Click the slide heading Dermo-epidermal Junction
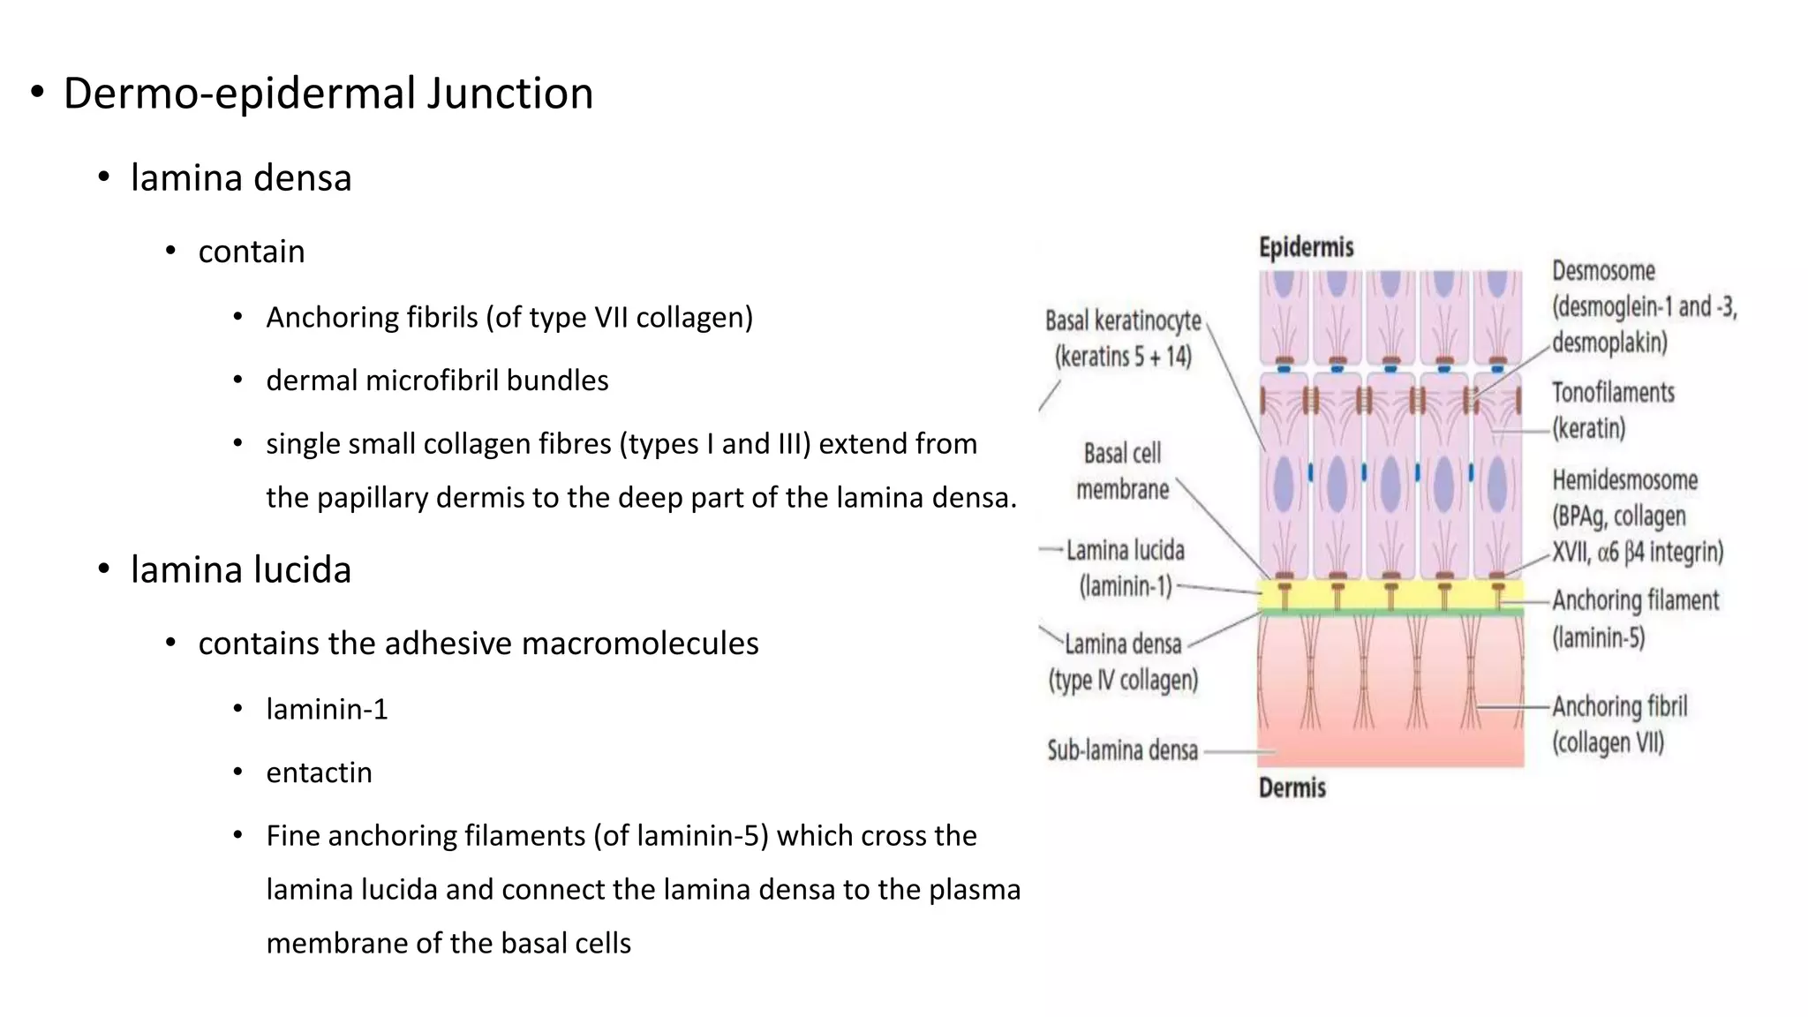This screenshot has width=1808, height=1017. click(x=328, y=94)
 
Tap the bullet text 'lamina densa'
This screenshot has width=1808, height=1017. click(x=241, y=178)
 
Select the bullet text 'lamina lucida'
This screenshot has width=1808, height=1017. click(x=241, y=570)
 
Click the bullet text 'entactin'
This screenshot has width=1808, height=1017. click(x=319, y=772)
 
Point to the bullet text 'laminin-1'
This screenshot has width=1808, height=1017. click(x=327, y=709)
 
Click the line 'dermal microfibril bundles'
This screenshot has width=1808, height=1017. click(x=437, y=380)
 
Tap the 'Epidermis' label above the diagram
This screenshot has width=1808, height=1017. click(x=1306, y=247)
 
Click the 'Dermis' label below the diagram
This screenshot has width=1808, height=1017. click(x=1292, y=787)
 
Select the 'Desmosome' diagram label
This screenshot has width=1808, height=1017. click(x=1603, y=271)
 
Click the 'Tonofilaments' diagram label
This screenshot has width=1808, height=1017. click(x=1613, y=393)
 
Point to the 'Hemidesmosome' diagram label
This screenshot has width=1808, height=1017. click(x=1624, y=480)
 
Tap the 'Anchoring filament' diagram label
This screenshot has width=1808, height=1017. click(x=1635, y=601)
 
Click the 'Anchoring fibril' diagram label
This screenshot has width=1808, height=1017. click(x=1619, y=706)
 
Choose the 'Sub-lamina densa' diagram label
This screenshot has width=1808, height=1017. click(x=1122, y=750)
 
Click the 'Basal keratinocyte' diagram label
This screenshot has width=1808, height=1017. click(x=1123, y=320)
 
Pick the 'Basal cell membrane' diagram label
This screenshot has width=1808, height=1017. click(x=1122, y=471)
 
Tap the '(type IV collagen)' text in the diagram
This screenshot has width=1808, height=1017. click(x=1123, y=681)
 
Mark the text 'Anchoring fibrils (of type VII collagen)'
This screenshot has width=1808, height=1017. click(x=509, y=318)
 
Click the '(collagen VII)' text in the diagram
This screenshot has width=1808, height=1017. click(x=1608, y=742)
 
